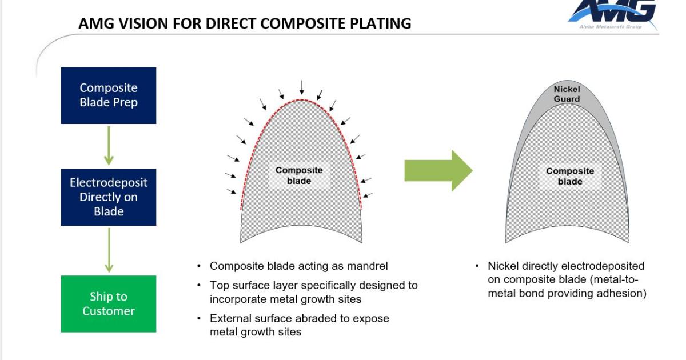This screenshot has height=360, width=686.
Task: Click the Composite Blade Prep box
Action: [x=109, y=95]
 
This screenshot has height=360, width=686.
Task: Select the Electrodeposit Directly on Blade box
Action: [x=109, y=197]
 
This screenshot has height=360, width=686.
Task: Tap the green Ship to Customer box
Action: [x=109, y=303]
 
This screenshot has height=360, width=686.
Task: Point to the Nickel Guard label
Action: [x=566, y=94]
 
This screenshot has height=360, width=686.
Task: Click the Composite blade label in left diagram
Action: [x=298, y=175]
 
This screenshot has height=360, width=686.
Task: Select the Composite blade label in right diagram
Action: [x=569, y=176]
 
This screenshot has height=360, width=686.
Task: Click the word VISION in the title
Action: [x=135, y=24]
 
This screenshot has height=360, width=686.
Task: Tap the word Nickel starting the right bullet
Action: [x=502, y=266]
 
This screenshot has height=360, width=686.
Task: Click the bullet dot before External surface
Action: [x=199, y=319]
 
